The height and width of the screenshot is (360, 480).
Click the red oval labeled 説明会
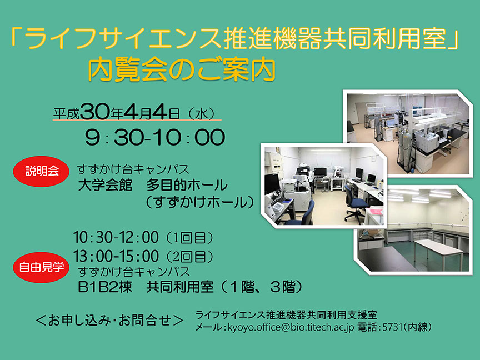pyautogui.click(x=41, y=171)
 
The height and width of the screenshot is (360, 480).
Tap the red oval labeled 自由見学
pyautogui.click(x=41, y=267)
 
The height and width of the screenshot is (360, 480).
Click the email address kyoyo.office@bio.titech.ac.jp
pyautogui.click(x=291, y=327)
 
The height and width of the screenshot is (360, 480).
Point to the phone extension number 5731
pyautogui.click(x=392, y=327)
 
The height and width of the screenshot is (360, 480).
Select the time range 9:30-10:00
pyautogui.click(x=155, y=137)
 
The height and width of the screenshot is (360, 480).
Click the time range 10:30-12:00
pyautogui.click(x=116, y=237)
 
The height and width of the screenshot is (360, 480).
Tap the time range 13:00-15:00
pyautogui.click(x=116, y=256)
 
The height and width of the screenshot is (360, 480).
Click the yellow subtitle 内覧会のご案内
pyautogui.click(x=182, y=70)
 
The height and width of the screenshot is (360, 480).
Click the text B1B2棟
pyautogui.click(x=105, y=287)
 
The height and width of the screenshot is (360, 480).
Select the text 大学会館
pyautogui.click(x=105, y=185)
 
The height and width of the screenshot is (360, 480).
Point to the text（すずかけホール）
pyautogui.click(x=199, y=202)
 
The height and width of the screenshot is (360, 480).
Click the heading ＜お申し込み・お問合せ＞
pyautogui.click(x=109, y=320)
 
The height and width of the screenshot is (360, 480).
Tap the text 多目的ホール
pyautogui.click(x=187, y=185)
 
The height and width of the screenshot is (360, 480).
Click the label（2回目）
pyautogui.click(x=189, y=257)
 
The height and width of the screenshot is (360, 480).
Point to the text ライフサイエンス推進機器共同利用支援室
pyautogui.click(x=286, y=314)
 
